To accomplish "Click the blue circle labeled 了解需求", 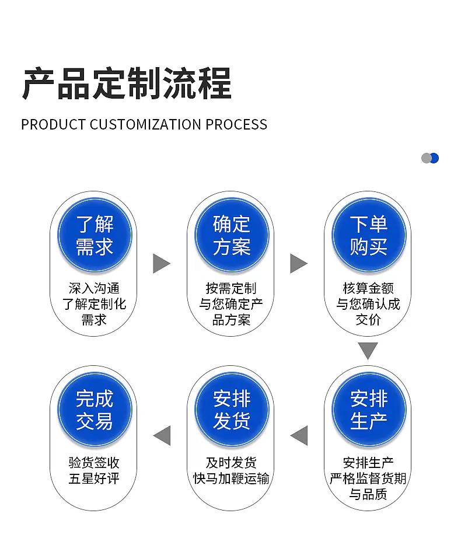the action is (x=95, y=235).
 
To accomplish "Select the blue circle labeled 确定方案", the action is (x=232, y=235).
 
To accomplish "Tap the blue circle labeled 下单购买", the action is (x=369, y=235).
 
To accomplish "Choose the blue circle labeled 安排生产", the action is (x=369, y=410).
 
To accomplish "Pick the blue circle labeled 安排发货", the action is (x=232, y=410).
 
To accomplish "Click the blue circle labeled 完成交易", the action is (x=95, y=410).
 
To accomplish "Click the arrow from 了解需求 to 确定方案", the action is (x=161, y=264).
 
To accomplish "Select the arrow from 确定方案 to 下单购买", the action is (x=298, y=264).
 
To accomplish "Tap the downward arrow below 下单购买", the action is (x=368, y=351).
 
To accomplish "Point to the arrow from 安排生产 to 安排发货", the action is (x=299, y=435).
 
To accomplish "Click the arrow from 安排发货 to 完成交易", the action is (x=162, y=435).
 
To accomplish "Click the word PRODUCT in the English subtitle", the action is (x=53, y=125).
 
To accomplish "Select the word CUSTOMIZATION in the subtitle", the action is (x=145, y=125).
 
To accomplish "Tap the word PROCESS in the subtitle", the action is (x=236, y=125).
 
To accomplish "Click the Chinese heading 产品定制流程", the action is (x=127, y=84).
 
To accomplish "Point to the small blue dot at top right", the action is (x=435, y=158).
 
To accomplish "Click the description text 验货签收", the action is (x=94, y=463).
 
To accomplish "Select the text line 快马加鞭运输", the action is (x=231, y=478).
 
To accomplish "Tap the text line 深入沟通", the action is (x=94, y=288).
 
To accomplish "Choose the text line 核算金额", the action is (x=368, y=288).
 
